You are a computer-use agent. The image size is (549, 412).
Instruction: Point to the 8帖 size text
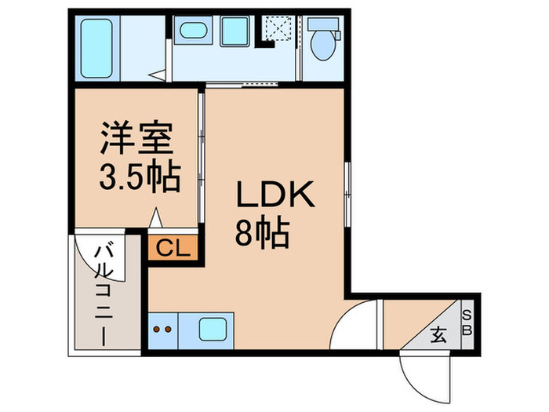tap(263, 232)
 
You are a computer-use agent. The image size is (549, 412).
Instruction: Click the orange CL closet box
tap(173, 249)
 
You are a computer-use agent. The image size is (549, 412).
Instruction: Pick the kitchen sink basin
tap(215, 328)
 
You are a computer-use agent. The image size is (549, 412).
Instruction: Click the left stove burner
tap(156, 330)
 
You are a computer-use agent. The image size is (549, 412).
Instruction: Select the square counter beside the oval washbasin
tap(234, 31)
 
